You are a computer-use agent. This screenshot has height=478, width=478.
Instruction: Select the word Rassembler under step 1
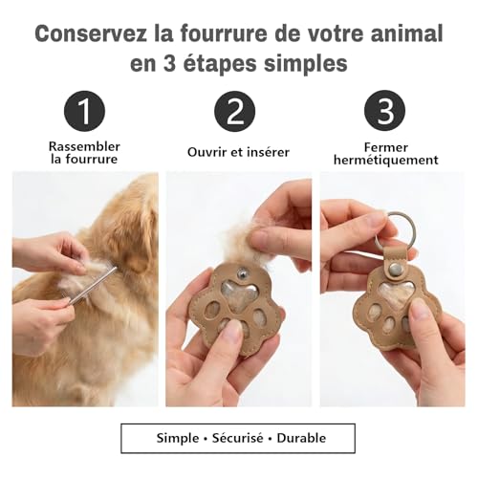coord(84,146)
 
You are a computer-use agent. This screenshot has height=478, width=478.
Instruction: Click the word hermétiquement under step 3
coord(385,162)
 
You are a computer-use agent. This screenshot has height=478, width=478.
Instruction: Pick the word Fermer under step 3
coord(385,147)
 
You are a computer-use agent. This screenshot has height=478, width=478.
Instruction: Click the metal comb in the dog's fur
coord(93,285)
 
